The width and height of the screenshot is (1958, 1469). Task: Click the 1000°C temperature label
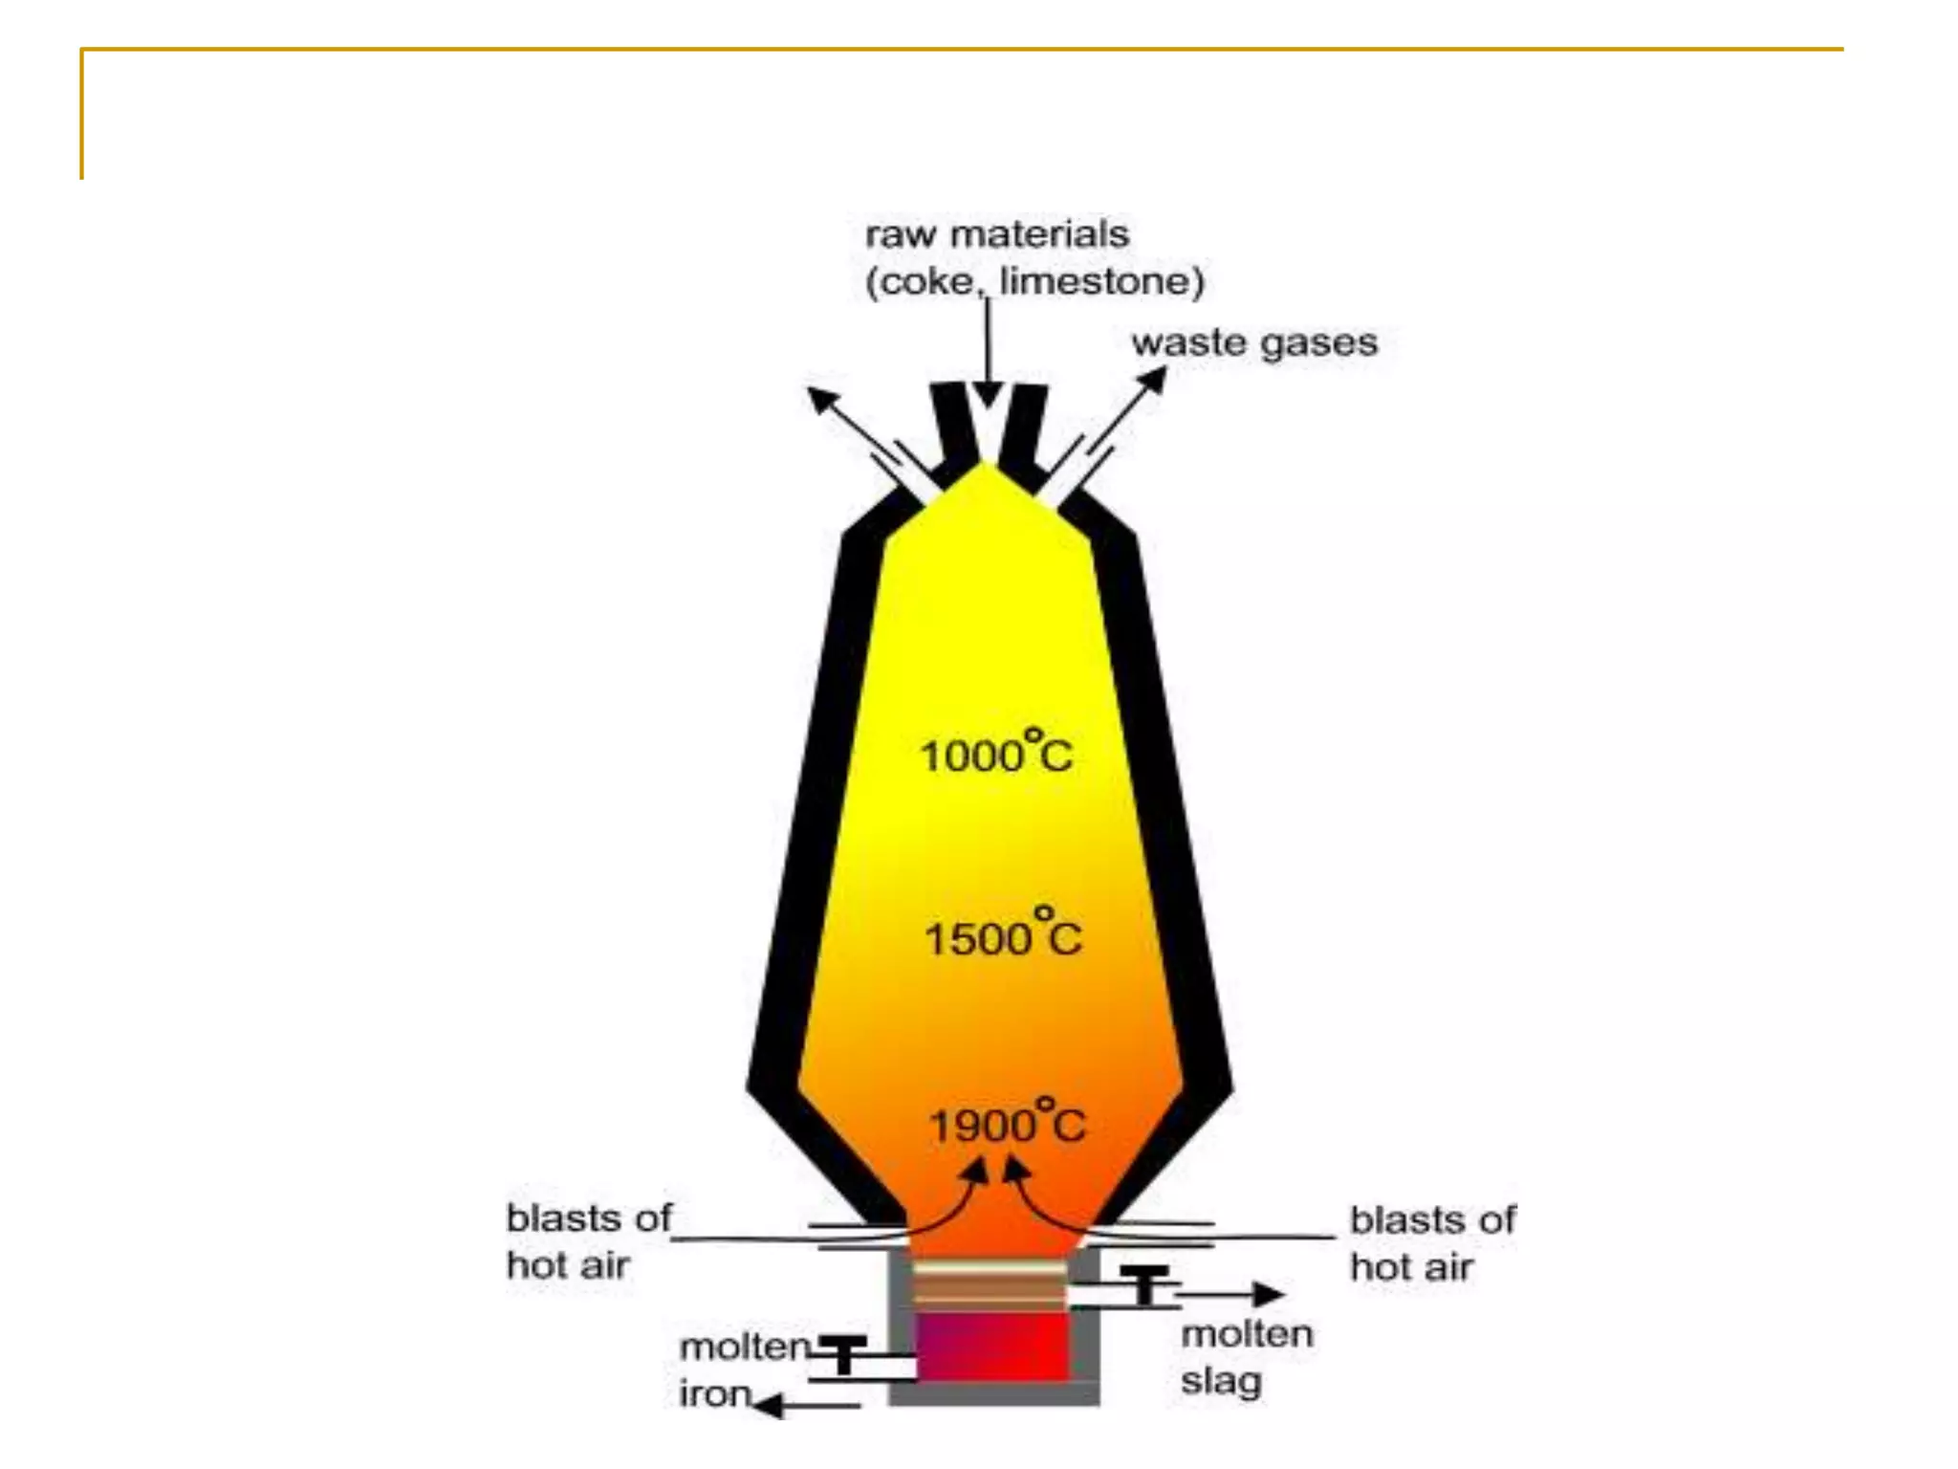click(996, 754)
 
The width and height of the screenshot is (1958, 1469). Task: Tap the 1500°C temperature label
click(1002, 935)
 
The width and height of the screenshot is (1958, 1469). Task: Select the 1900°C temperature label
click(1007, 1122)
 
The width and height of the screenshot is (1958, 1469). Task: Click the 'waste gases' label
click(1254, 342)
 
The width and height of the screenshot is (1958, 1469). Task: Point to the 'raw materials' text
click(997, 234)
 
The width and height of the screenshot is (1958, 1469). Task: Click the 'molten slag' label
click(1246, 1357)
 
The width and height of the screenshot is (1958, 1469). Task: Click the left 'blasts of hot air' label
click(589, 1241)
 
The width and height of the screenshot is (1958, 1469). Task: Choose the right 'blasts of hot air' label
click(1432, 1243)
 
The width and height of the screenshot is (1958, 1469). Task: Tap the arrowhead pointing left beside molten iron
click(768, 1404)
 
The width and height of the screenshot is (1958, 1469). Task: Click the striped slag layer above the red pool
click(990, 1285)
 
